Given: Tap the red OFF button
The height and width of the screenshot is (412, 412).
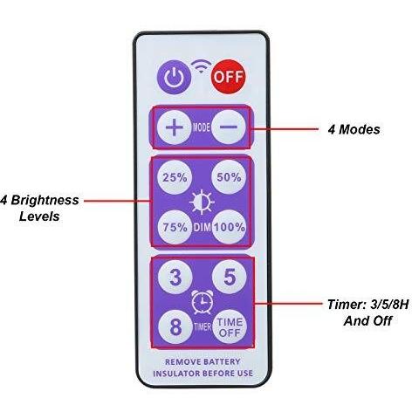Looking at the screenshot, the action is pyautogui.click(x=229, y=77).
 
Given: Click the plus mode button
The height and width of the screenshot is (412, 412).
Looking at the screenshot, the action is pyautogui.click(x=175, y=127).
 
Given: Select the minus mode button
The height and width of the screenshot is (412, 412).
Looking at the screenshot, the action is pyautogui.click(x=229, y=127).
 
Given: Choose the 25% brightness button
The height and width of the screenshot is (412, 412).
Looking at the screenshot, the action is pyautogui.click(x=175, y=177).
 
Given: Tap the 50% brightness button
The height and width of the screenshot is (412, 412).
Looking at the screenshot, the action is pyautogui.click(x=229, y=177).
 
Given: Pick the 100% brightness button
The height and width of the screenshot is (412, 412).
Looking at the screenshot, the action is pyautogui.click(x=230, y=227).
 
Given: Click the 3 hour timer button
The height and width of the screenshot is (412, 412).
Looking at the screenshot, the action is pyautogui.click(x=175, y=277).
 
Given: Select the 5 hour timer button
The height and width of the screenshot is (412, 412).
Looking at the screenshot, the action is pyautogui.click(x=230, y=277).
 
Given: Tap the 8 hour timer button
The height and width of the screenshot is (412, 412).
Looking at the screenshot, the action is pyautogui.click(x=175, y=326).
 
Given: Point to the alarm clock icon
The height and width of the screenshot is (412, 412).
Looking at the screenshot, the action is pyautogui.click(x=203, y=302).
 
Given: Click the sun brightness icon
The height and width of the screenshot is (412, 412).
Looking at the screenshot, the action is pyautogui.click(x=202, y=202).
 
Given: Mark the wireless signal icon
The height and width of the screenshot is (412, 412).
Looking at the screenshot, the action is pyautogui.click(x=201, y=65).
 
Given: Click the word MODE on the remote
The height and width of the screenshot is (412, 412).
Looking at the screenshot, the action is pyautogui.click(x=202, y=127).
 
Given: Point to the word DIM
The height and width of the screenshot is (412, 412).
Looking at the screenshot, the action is pyautogui.click(x=203, y=227).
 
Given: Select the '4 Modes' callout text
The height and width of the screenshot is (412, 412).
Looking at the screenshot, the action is pyautogui.click(x=354, y=129).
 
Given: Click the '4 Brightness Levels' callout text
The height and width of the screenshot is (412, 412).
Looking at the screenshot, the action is pyautogui.click(x=40, y=208).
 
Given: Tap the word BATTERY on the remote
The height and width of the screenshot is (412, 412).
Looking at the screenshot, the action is pyautogui.click(x=222, y=362).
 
